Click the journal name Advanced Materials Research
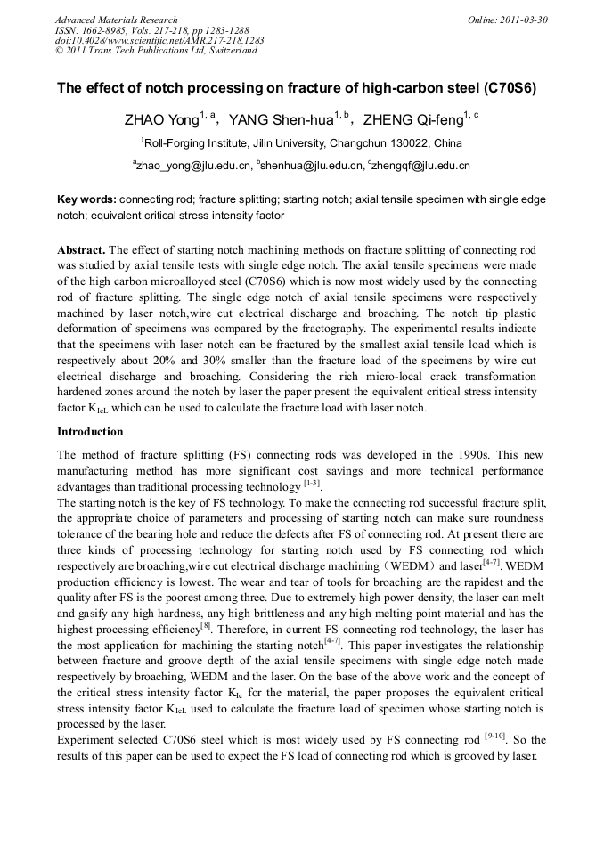(116, 20)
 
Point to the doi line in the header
(159, 41)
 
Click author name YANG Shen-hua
(288, 119)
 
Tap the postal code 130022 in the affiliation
(407, 142)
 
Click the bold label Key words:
(86, 199)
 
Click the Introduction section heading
(90, 432)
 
